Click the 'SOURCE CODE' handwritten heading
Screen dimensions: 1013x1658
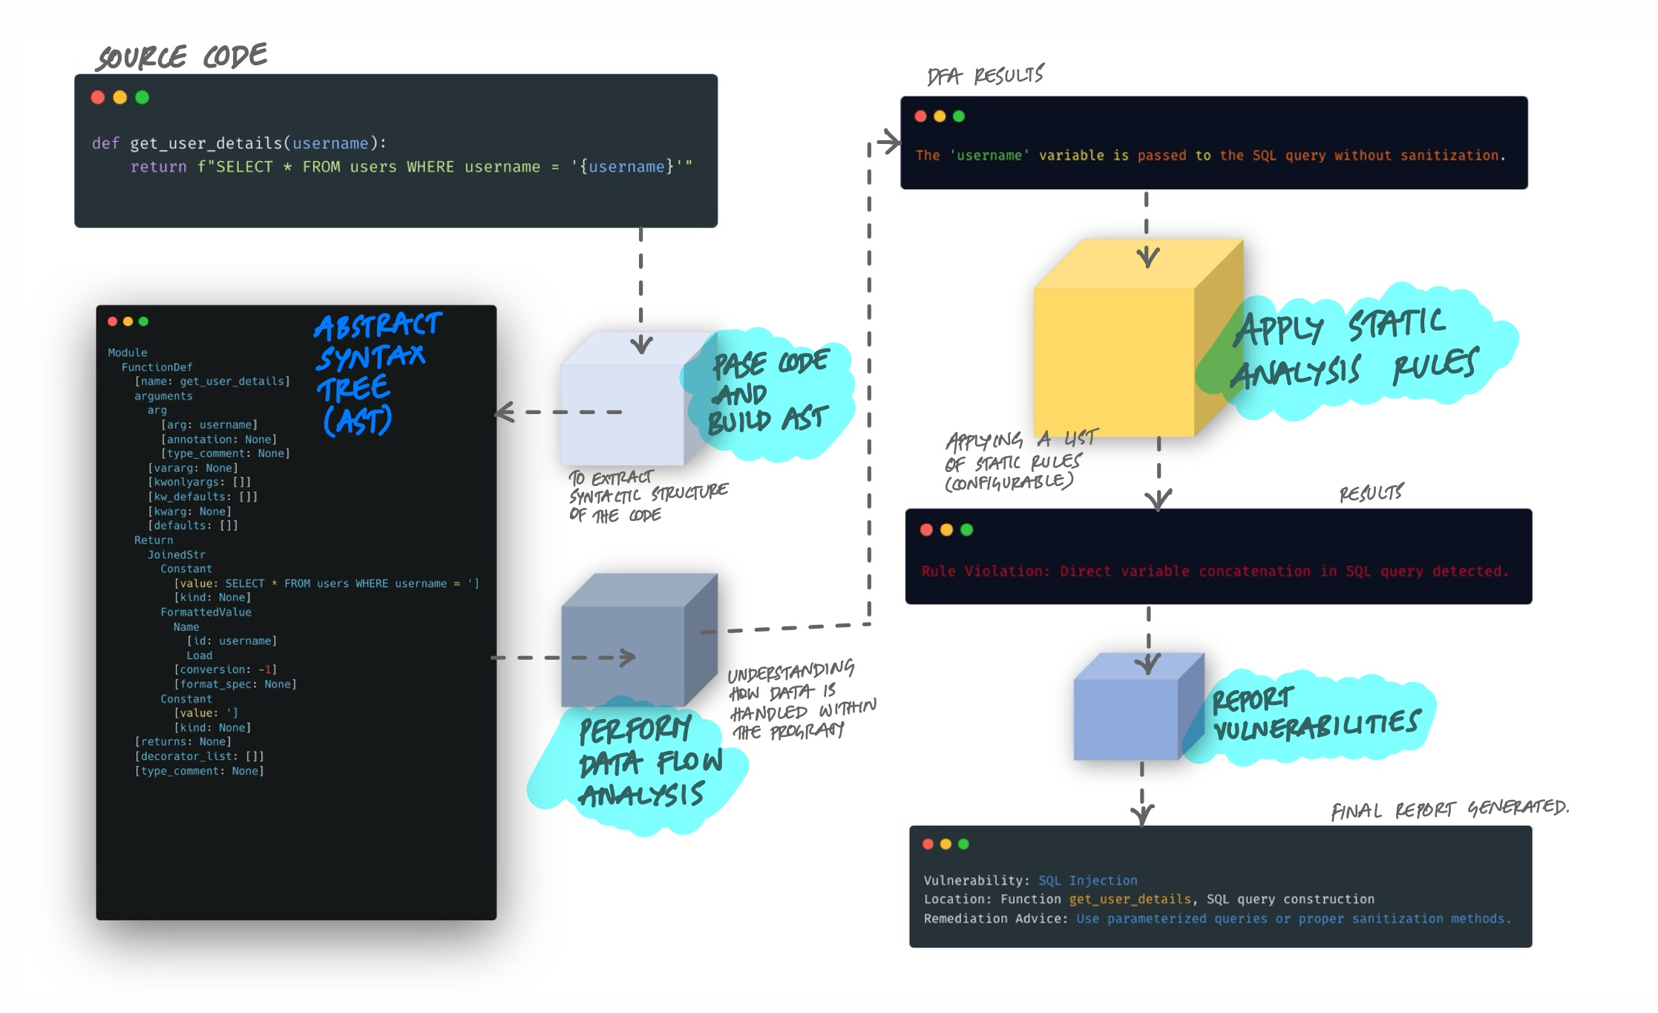[x=182, y=57]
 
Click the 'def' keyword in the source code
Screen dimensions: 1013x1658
[x=105, y=143]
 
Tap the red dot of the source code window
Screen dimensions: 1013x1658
[x=97, y=97]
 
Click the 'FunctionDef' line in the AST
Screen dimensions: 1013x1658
[x=157, y=367]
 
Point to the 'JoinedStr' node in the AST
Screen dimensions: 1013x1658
[x=176, y=554]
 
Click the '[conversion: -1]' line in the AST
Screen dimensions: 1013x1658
[x=225, y=669]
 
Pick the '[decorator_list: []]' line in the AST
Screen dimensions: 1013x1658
[x=199, y=756]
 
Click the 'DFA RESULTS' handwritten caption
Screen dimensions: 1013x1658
[x=985, y=75]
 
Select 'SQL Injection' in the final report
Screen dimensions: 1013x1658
[x=1087, y=880]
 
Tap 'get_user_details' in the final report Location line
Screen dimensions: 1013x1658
[x=1130, y=899]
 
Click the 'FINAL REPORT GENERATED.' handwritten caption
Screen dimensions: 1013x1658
[x=1449, y=809]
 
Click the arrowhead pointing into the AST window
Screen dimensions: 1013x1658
[x=504, y=413]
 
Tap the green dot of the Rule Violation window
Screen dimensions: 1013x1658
[x=966, y=529]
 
